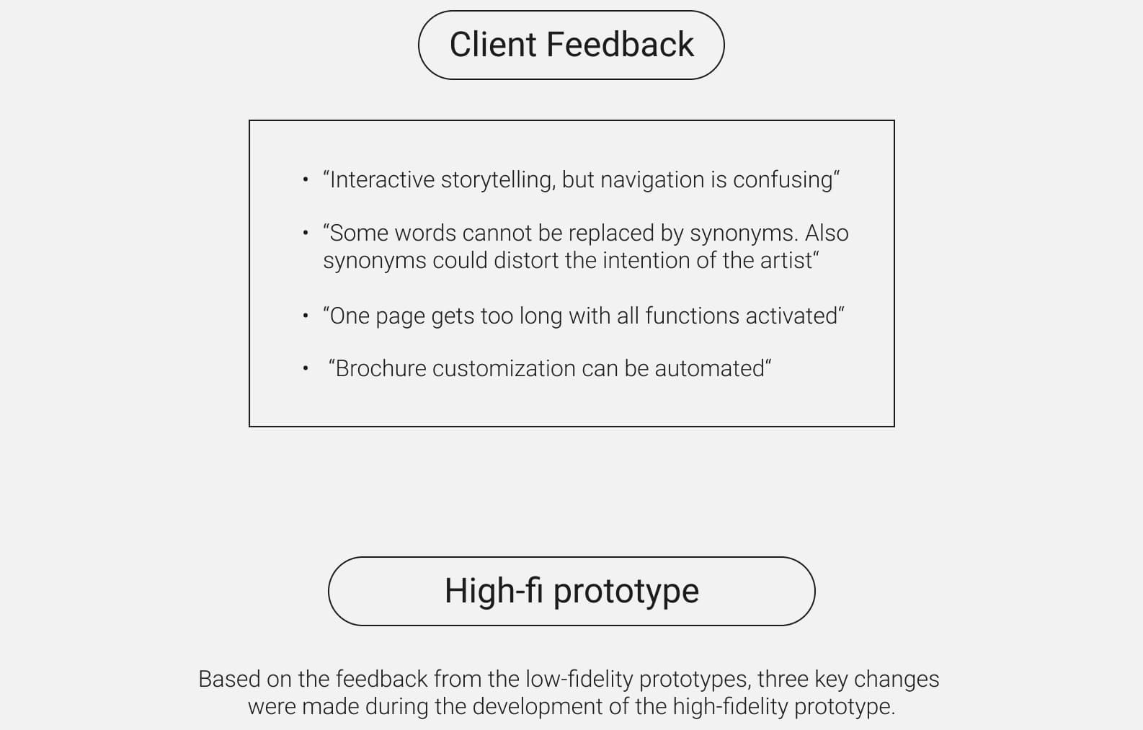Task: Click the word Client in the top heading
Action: (x=492, y=45)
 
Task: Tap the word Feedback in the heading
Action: (x=620, y=45)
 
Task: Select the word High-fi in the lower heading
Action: (x=494, y=591)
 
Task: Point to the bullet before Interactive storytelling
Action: (x=305, y=179)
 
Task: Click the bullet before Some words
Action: (x=305, y=233)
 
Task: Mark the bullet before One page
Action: (x=305, y=316)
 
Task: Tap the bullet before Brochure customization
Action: (x=305, y=368)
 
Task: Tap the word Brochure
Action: (x=381, y=369)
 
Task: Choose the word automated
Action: (x=710, y=369)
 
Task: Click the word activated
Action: (x=791, y=316)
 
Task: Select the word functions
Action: (x=693, y=316)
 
